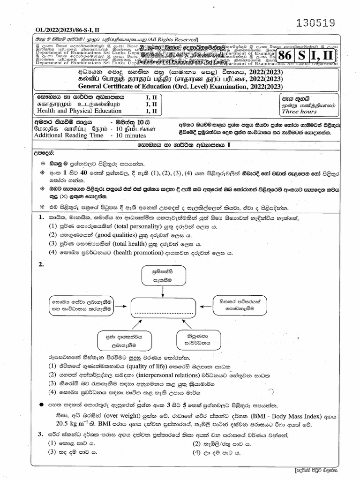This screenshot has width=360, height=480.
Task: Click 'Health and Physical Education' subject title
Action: point(77,111)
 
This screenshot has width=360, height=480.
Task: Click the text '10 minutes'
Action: point(133,135)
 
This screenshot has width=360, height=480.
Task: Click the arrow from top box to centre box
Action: point(161,292)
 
